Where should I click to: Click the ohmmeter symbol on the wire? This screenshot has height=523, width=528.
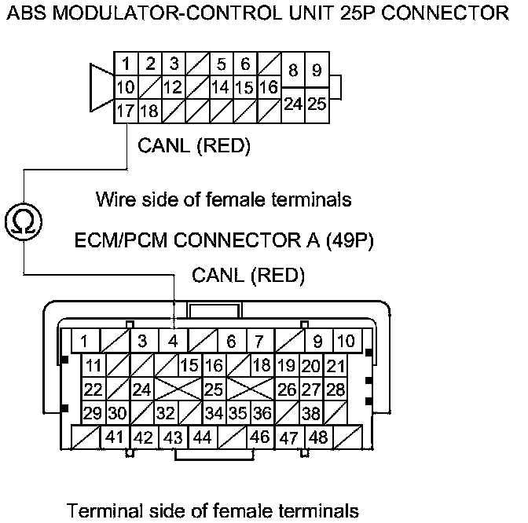[24, 222]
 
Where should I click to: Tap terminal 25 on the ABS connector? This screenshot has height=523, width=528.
[317, 103]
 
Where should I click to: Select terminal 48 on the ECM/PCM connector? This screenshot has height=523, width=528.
[317, 437]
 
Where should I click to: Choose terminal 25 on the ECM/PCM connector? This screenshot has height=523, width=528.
[213, 390]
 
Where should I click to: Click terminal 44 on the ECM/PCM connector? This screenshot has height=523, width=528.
[201, 437]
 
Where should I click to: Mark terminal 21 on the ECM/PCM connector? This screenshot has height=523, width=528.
[335, 365]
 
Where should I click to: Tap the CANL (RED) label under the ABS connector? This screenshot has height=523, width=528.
[193, 145]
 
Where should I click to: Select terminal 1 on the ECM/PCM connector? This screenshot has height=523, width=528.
[84, 342]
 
